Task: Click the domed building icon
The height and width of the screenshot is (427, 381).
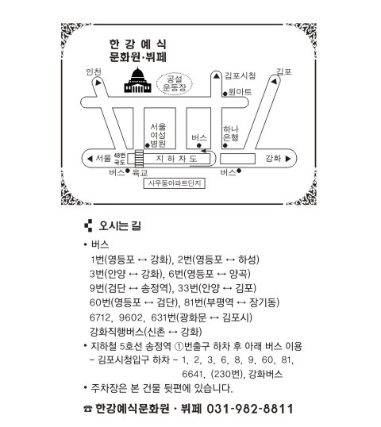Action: (138, 80)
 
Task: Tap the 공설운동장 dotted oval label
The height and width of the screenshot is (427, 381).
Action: (175, 83)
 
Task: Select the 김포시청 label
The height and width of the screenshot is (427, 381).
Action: (240, 75)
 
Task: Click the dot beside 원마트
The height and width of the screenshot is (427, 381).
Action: (225, 94)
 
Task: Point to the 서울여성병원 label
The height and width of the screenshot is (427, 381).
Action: (158, 135)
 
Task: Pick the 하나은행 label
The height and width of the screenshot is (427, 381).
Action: (231, 133)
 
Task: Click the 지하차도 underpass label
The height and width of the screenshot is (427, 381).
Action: (176, 159)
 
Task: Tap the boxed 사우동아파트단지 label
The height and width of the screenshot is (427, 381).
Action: (175, 183)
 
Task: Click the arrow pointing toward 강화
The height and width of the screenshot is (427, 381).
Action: (288, 159)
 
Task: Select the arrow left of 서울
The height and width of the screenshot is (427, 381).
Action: (90, 159)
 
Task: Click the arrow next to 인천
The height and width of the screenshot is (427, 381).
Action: (98, 83)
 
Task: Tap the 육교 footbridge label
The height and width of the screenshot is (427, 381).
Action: (140, 173)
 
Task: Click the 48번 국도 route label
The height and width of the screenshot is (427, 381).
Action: (120, 159)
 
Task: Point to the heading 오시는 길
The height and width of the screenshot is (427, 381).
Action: (120, 225)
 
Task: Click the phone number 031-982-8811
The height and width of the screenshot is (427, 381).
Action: (250, 409)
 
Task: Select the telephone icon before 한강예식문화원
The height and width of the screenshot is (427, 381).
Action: (87, 409)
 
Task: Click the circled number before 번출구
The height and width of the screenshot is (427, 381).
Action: (179, 347)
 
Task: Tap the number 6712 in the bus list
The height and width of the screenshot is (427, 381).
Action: (101, 317)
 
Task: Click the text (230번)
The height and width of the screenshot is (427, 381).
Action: (226, 374)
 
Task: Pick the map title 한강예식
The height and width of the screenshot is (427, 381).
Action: (138, 44)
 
